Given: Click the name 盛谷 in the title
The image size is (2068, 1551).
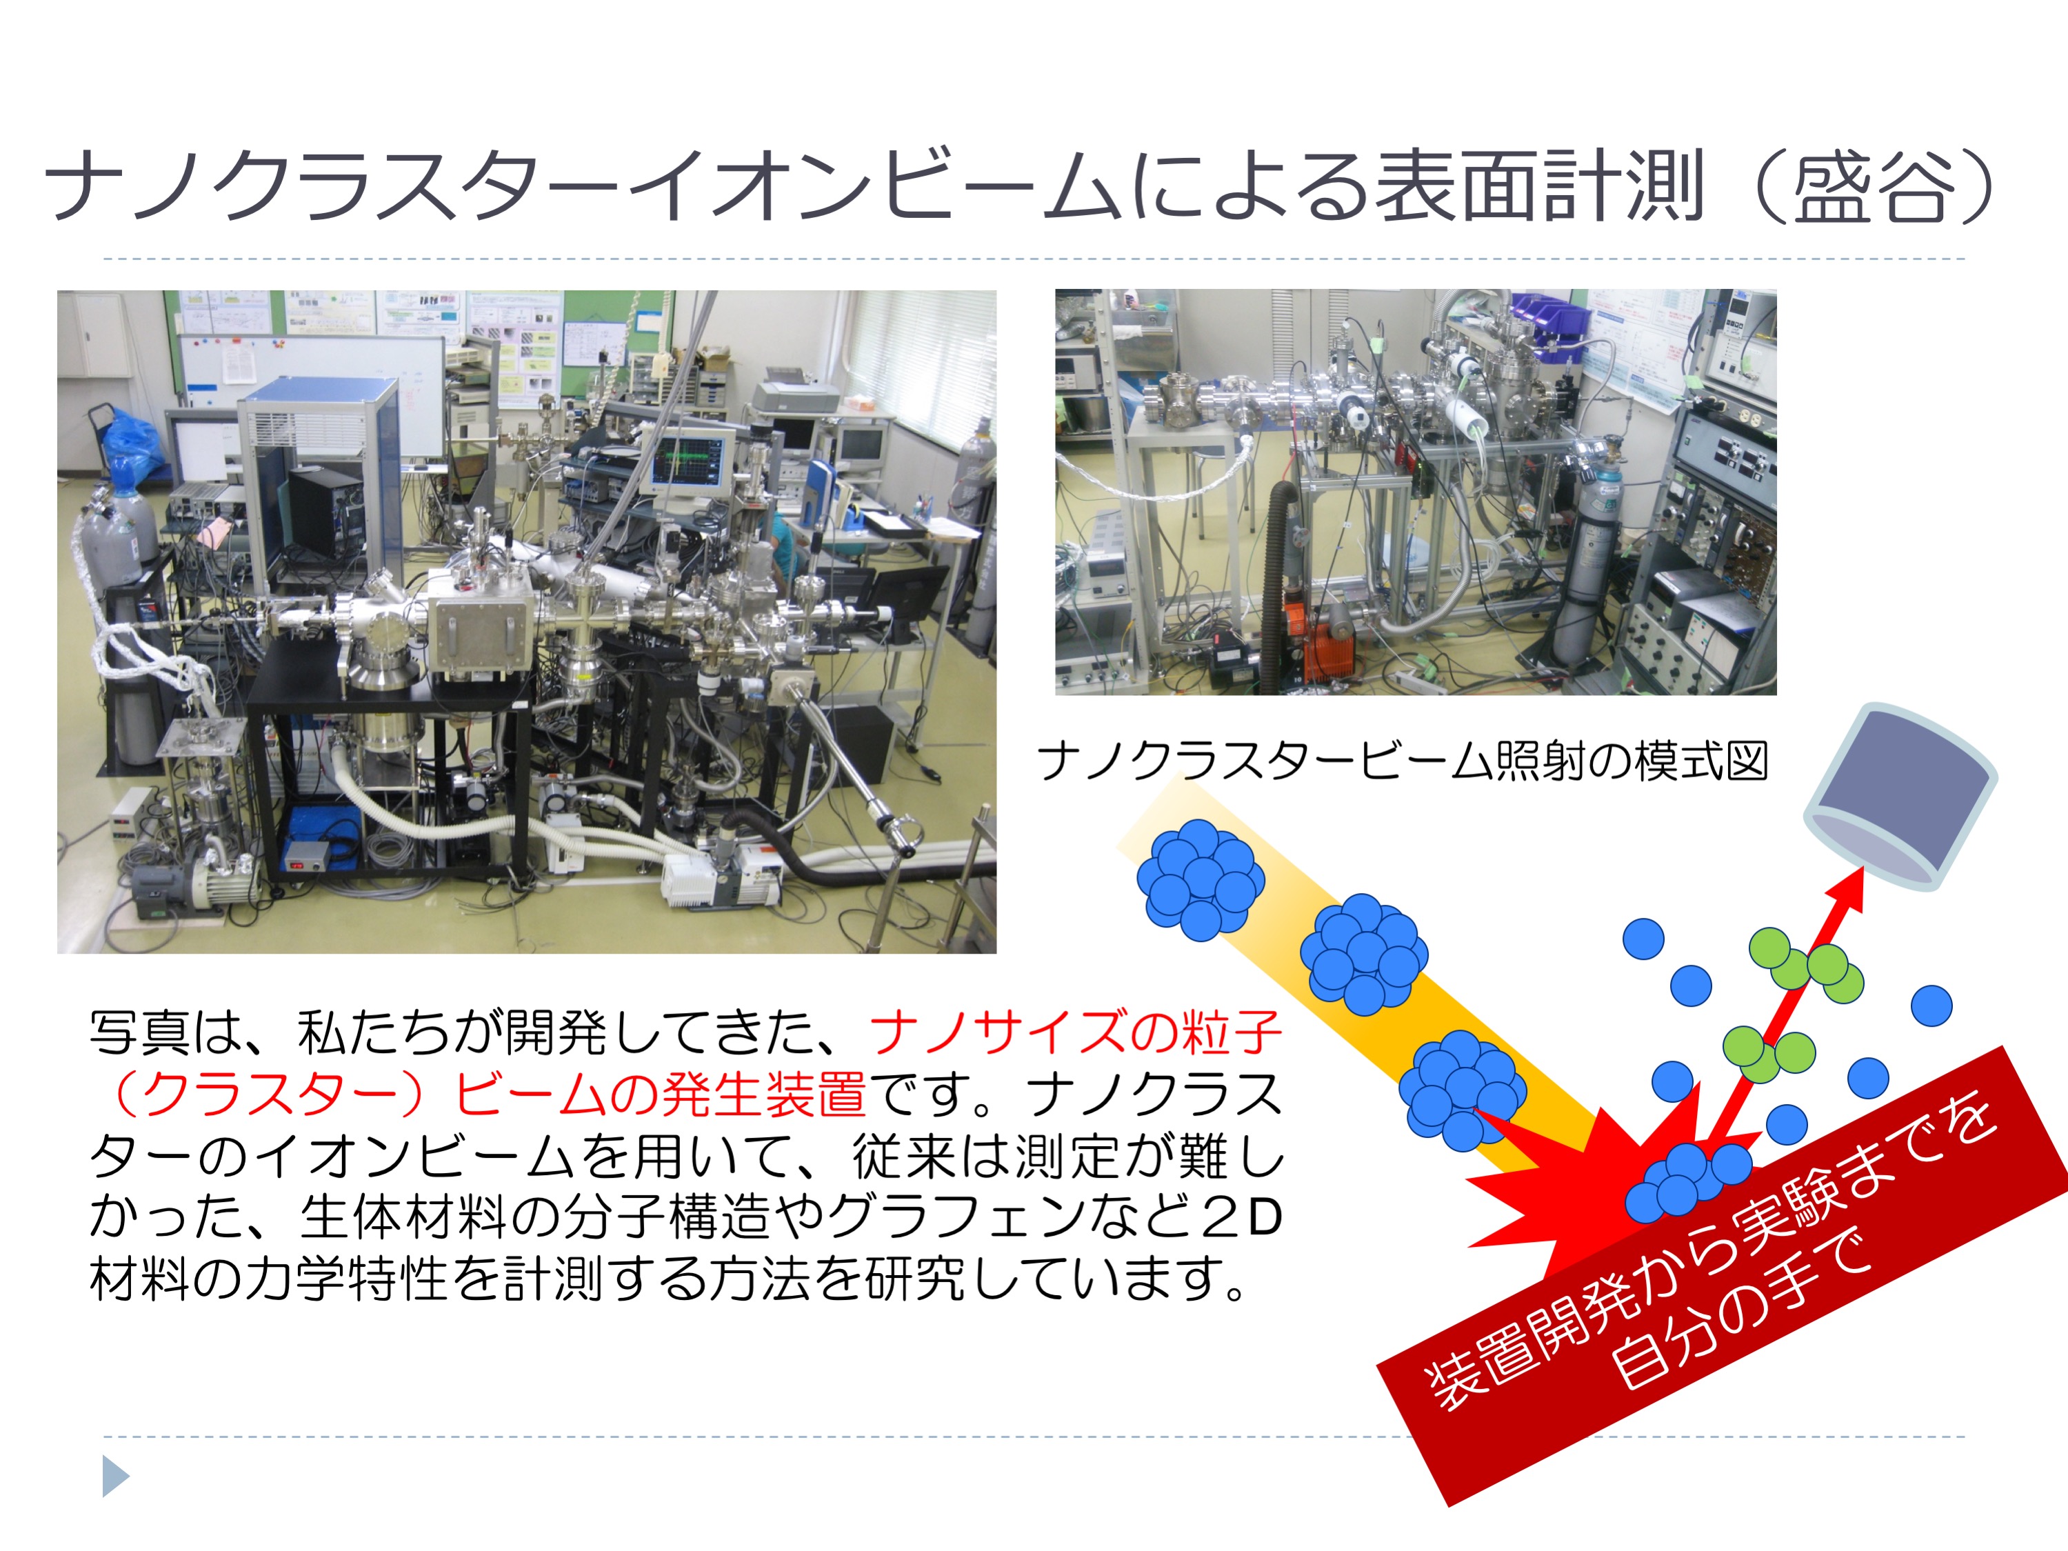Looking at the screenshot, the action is pos(1874,186).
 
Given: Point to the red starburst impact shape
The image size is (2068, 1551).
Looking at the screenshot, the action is pos(1589,1188).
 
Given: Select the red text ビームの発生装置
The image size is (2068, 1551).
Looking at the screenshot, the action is pos(659,1094).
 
